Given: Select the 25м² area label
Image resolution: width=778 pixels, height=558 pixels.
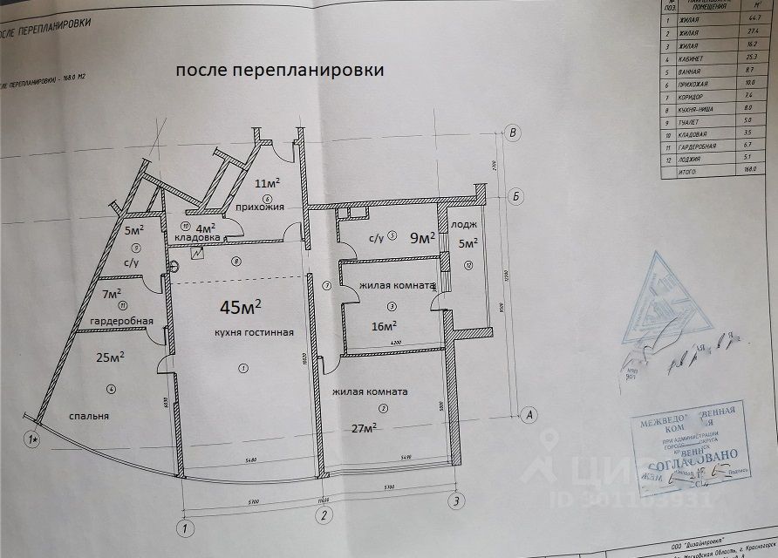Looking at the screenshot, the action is pos(111,357).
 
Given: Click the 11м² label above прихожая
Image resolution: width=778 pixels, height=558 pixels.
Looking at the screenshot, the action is pos(267,184).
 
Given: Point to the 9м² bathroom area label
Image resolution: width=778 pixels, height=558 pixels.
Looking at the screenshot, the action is pos(423,237).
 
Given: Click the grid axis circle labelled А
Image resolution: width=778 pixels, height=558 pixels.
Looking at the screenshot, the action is pos(528,414).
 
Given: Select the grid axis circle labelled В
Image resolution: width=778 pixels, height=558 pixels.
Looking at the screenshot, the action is pos(515,133).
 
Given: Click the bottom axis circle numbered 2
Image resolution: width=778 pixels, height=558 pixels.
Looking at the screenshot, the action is pos(323,514).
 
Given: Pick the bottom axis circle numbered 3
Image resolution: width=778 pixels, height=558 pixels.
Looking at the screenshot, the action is pos(454,500).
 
